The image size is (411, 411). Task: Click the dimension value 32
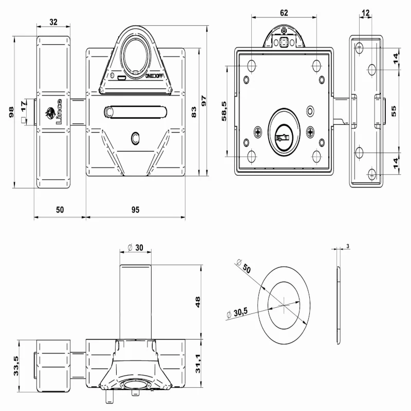(53, 22)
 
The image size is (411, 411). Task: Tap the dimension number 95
(135, 210)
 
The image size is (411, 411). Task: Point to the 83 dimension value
(194, 112)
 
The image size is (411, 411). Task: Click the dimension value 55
(394, 112)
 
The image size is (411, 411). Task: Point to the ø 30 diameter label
(135, 247)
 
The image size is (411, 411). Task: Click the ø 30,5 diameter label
(239, 312)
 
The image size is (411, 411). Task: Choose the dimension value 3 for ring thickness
(348, 247)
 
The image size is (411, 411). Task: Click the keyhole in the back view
(282, 137)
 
